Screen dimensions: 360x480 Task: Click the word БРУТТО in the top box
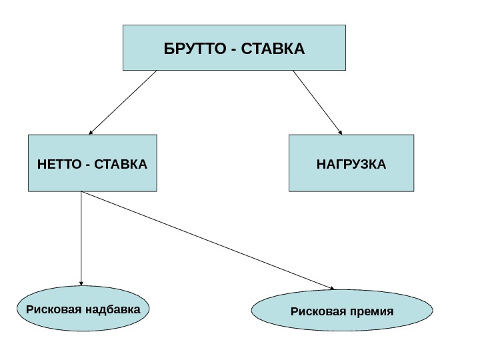(x=193, y=49)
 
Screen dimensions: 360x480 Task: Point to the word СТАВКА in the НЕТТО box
(x=121, y=164)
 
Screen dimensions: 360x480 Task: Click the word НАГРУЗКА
(x=351, y=164)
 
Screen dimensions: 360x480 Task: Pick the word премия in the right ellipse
(x=370, y=311)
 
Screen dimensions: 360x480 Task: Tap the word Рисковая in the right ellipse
(x=317, y=311)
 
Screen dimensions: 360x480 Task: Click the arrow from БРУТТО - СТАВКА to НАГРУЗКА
(x=317, y=102)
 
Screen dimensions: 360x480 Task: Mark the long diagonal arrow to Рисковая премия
(x=207, y=240)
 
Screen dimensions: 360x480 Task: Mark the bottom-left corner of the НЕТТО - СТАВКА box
(x=28, y=191)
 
